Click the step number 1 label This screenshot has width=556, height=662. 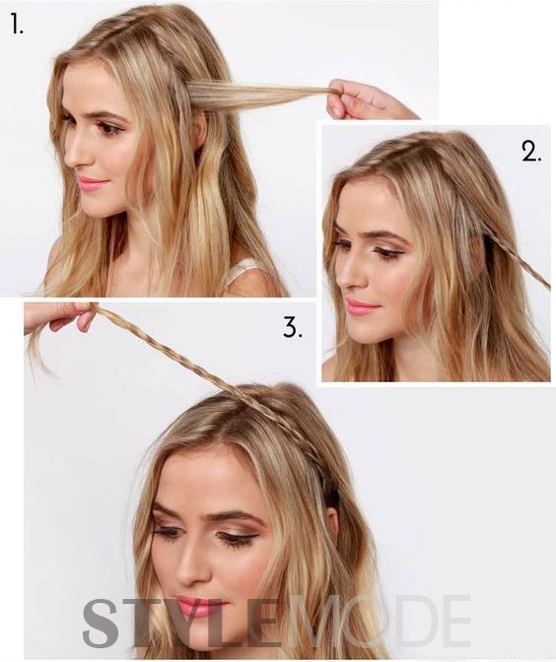coord(17,24)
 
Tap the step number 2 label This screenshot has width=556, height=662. coord(531,151)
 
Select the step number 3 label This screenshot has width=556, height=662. coord(292,327)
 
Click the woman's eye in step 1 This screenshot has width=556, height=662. coord(109,127)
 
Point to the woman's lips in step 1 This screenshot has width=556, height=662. coord(92,184)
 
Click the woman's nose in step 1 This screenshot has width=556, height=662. coord(75,154)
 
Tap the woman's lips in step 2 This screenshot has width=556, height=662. coord(361,307)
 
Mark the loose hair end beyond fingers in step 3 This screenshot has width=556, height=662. coord(41,352)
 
